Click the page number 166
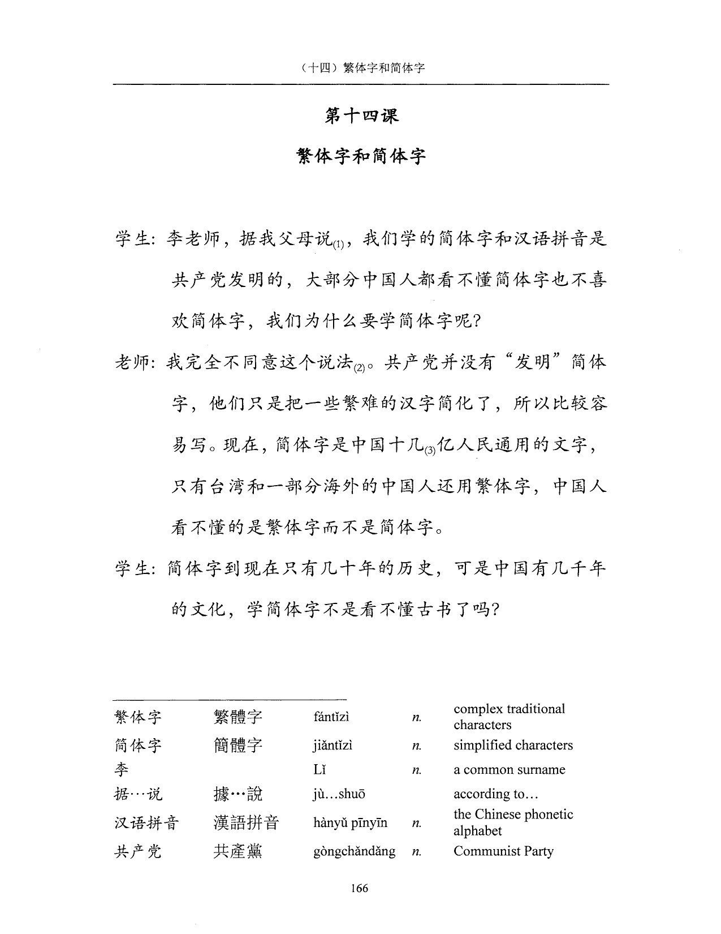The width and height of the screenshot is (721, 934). click(x=359, y=888)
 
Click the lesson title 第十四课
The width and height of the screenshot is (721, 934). click(x=361, y=115)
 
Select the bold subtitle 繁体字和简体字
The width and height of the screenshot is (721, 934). click(x=361, y=156)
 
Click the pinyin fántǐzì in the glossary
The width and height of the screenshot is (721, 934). click(x=331, y=717)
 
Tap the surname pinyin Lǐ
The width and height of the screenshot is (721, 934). click(x=320, y=770)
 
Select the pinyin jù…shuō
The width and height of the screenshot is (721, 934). click(x=339, y=794)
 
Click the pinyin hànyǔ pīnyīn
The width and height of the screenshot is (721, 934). click(x=350, y=822)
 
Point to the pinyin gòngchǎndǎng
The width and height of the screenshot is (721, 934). click(x=354, y=851)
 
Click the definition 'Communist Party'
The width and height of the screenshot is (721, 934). click(x=503, y=851)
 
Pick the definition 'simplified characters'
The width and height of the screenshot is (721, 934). click(x=513, y=746)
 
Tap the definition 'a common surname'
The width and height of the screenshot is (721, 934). click(x=509, y=770)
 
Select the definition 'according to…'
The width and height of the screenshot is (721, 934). click(x=495, y=794)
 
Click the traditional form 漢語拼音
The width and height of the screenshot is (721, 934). click(x=246, y=822)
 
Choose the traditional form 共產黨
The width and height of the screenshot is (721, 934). click(x=238, y=851)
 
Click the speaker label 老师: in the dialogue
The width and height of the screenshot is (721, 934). click(x=135, y=362)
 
